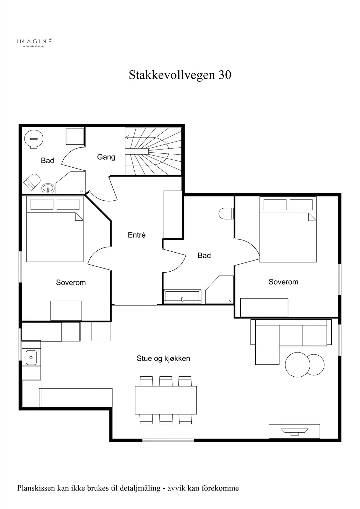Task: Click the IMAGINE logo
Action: coord(34,42)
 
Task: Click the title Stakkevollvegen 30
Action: coord(180,75)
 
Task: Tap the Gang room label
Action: coord(106,157)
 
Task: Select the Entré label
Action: coord(137,235)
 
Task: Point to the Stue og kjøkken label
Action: coord(163,358)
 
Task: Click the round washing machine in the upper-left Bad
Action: coord(34,139)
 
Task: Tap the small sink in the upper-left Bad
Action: coord(48,188)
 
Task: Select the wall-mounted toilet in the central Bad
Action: coord(226,213)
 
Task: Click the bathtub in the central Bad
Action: coord(182,296)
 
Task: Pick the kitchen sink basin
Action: coord(31,358)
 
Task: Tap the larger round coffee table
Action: coord(298,365)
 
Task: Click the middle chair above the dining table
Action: coord(166,381)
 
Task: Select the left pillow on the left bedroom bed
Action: coord(42,204)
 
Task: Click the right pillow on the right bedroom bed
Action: coord(301,205)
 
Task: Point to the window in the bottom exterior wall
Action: coord(168,440)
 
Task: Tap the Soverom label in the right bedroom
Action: coord(283,282)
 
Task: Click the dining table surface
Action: coord(166,400)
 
